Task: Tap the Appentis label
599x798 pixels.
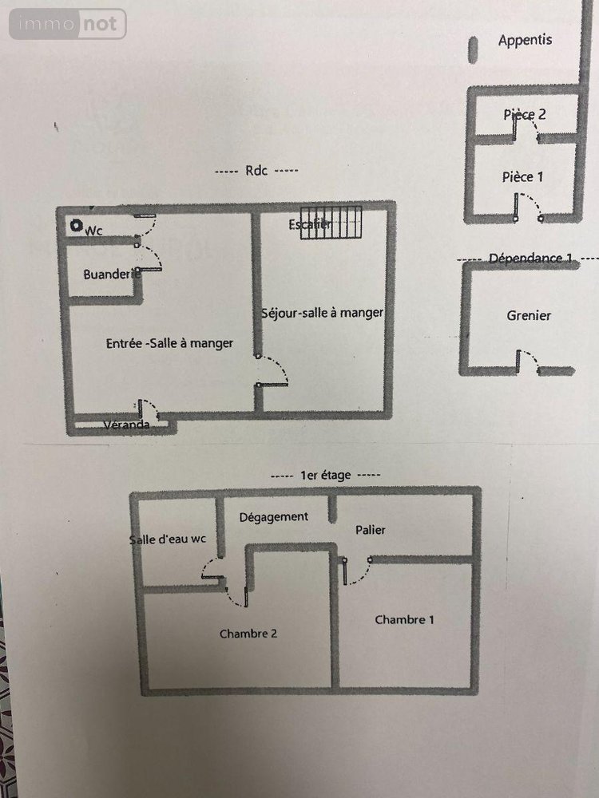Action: (x=525, y=40)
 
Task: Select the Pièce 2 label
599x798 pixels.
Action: (x=525, y=114)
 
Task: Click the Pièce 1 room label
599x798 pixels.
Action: (x=523, y=176)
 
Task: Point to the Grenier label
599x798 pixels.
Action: (x=529, y=315)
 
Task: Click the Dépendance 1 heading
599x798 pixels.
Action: (x=530, y=258)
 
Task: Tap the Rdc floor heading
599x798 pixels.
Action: (x=256, y=171)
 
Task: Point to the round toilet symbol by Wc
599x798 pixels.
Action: (x=77, y=227)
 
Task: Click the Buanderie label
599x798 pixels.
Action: (x=107, y=274)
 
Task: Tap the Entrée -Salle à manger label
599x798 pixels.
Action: (x=169, y=343)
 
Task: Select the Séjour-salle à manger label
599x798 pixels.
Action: (x=323, y=313)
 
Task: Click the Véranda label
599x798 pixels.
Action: (x=126, y=425)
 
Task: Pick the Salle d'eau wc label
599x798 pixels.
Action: (x=168, y=539)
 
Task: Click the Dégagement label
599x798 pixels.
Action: (x=273, y=516)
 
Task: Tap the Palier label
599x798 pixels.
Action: (x=370, y=530)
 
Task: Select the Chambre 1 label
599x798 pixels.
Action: (x=405, y=619)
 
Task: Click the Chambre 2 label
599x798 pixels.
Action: (x=248, y=634)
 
